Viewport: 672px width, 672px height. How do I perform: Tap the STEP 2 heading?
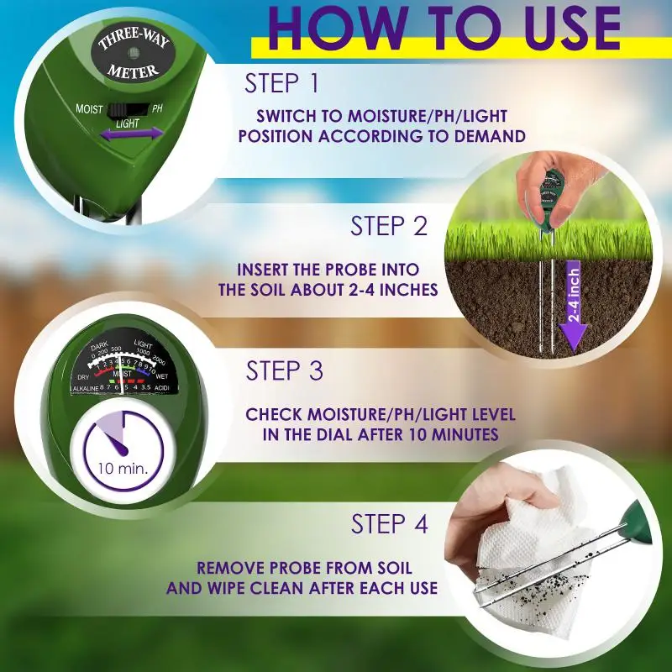[389, 226]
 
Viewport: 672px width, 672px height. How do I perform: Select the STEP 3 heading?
[285, 371]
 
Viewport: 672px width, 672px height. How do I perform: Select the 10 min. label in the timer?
[123, 468]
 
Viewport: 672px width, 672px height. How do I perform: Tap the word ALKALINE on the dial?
[85, 389]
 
